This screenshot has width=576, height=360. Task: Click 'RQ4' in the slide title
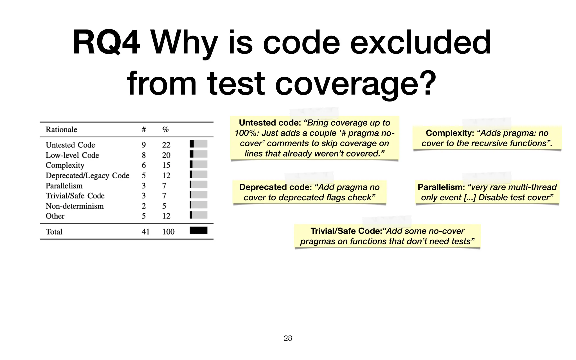[106, 43]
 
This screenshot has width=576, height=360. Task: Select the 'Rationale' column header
[61, 130]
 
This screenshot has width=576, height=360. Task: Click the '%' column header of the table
[165, 130]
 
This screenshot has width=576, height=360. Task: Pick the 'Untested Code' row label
[70, 145]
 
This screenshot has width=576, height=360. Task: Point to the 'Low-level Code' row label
[72, 155]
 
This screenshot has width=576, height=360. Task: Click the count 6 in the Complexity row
[144, 165]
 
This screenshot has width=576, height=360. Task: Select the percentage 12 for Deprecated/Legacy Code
[166, 175]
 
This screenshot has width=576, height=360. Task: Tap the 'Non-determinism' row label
[75, 206]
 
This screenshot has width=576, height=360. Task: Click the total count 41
[145, 232]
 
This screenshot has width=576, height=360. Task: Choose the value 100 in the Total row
[168, 232]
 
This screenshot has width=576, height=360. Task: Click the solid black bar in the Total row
[199, 231]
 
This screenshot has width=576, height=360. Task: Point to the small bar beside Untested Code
[199, 144]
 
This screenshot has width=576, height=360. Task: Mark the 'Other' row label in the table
[55, 216]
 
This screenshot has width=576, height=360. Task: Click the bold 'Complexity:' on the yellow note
[450, 133]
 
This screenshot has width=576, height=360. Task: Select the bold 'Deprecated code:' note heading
[275, 187]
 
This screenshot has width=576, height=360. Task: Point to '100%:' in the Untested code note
[247, 133]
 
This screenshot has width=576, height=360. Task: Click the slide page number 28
[288, 338]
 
